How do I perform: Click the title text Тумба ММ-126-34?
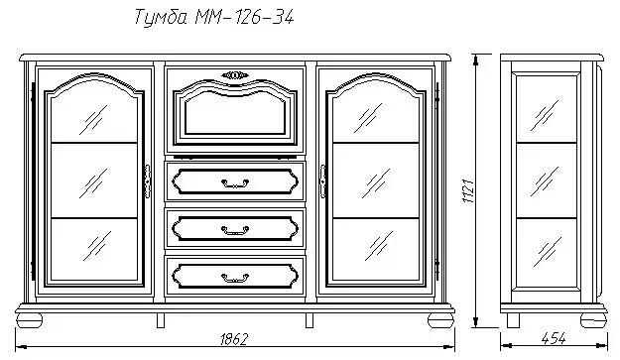[212, 18]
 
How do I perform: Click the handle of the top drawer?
[235, 181]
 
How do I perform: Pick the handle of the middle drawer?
[235, 229]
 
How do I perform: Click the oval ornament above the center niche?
[235, 73]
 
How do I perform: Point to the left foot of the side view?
[513, 320]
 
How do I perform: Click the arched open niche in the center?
[235, 119]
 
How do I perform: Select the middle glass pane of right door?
[377, 180]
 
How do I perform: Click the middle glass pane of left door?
[93, 180]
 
